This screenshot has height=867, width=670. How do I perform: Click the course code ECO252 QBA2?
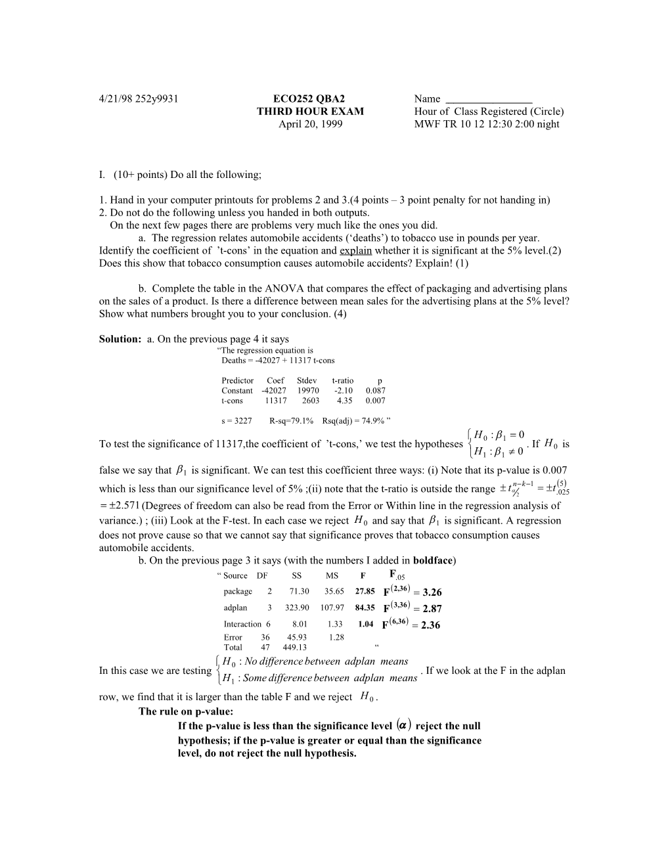[309, 99]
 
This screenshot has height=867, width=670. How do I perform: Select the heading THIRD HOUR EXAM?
[310, 112]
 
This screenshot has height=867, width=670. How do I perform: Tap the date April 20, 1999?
[310, 124]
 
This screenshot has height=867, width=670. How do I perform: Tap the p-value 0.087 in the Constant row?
[376, 391]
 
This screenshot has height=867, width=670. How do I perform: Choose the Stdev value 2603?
[311, 401]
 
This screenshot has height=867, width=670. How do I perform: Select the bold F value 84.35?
[365, 608]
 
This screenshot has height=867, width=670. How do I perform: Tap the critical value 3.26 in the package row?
[432, 592]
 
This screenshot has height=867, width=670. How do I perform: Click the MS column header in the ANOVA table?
[332, 576]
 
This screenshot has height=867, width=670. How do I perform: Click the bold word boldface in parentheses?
[433, 560]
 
